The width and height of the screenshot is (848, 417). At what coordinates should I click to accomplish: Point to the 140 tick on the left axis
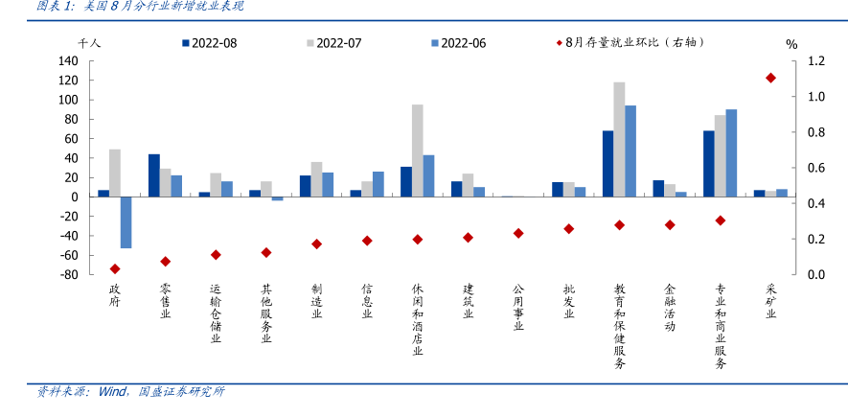tap(67, 60)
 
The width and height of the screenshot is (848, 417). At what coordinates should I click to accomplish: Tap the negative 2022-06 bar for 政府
tap(126, 222)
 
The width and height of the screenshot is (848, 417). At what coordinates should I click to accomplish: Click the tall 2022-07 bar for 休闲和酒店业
tap(418, 151)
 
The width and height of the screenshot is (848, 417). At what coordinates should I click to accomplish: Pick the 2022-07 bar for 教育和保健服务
tap(619, 139)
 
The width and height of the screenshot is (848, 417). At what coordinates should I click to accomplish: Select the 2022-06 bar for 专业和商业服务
tap(731, 152)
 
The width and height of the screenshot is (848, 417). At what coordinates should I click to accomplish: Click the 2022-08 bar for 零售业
tap(154, 175)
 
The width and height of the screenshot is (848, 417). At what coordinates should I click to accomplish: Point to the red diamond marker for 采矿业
tap(770, 78)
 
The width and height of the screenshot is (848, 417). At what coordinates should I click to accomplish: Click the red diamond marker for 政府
tap(115, 269)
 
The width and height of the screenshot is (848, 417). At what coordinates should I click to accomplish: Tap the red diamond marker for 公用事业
tap(518, 233)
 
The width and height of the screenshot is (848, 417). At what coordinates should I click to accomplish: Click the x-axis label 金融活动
tap(670, 307)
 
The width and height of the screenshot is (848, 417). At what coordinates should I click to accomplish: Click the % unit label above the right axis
tap(791, 43)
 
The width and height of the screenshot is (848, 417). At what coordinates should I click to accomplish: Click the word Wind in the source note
tap(111, 392)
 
